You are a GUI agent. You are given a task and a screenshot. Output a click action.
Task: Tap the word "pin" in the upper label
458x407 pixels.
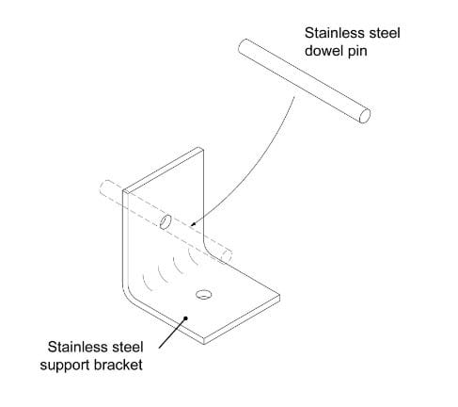pos(357,52)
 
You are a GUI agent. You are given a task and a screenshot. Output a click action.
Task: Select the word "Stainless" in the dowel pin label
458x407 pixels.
pos(333,33)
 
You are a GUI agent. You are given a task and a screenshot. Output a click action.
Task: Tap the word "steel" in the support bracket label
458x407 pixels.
pos(126,347)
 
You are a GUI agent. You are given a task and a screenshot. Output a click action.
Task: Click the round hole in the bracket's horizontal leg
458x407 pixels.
pos(203,295)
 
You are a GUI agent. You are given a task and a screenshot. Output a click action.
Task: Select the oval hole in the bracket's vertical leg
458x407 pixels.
pos(166,222)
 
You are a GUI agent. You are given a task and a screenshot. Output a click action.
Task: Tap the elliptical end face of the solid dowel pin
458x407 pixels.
pos(365,116)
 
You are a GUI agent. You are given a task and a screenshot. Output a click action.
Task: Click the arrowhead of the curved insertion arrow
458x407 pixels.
pos(193,224)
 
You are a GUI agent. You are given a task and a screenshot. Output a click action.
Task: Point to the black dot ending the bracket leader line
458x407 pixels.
pos(185,318)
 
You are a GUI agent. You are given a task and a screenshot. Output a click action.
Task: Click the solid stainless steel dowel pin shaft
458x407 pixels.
pos(304,81)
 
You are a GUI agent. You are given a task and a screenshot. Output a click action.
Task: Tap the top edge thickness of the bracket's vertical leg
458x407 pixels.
pos(163,169)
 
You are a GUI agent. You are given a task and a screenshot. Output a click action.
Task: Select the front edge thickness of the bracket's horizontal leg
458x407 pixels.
pos(242,319)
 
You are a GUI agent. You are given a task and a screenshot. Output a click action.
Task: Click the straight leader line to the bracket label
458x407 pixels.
pos(172,333)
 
